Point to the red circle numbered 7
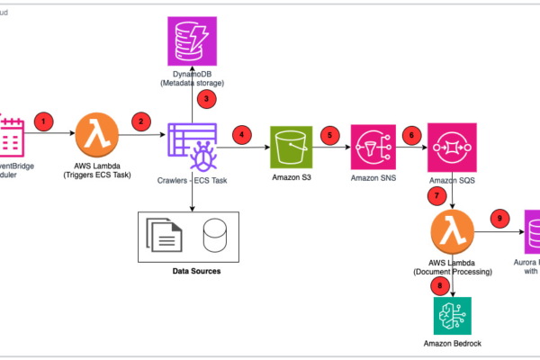pyautogui.click(x=437, y=193)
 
